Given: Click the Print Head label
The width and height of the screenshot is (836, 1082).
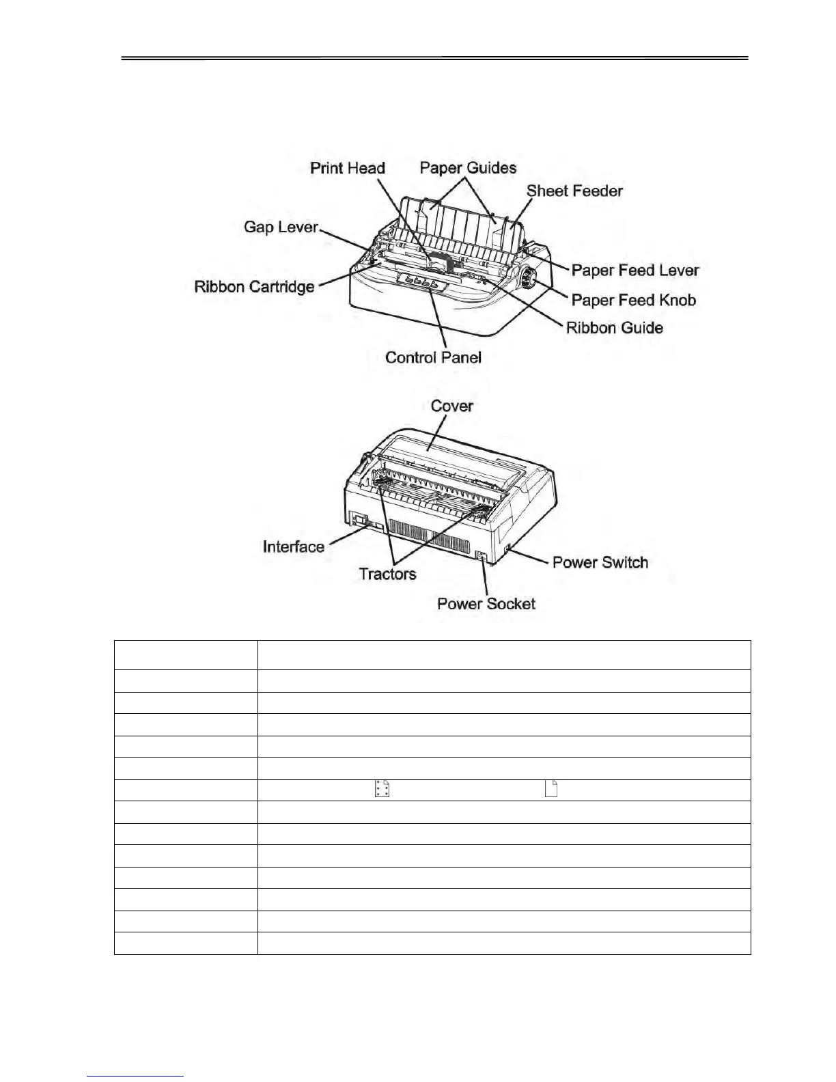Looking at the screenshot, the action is click(x=348, y=168).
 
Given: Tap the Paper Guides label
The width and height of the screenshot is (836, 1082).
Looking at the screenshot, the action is click(x=468, y=168).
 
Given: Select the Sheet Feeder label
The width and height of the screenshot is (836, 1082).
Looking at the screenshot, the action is click(x=574, y=191).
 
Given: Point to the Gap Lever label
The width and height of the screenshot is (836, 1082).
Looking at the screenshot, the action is click(x=281, y=227).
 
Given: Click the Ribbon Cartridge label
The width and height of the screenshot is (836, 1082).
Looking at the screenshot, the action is click(x=254, y=287).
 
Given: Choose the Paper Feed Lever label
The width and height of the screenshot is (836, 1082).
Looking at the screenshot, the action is click(x=635, y=270).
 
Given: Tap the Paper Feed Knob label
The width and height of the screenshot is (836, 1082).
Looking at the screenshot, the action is click(x=633, y=301).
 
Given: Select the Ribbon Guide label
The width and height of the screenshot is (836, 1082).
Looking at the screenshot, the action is click(x=614, y=328).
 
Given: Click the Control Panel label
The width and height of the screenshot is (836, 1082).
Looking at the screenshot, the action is click(x=433, y=357).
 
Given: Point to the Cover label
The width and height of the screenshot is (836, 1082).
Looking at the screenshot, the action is click(x=451, y=406).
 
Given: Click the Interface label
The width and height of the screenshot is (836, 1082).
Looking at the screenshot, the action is click(x=293, y=546).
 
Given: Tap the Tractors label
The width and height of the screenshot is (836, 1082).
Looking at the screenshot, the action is click(x=387, y=574).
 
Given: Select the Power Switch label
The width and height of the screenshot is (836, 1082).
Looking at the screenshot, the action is click(x=600, y=563).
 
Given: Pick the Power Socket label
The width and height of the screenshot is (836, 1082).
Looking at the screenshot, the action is click(x=486, y=604).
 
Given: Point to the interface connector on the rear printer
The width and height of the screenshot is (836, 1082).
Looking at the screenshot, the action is click(x=361, y=522).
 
